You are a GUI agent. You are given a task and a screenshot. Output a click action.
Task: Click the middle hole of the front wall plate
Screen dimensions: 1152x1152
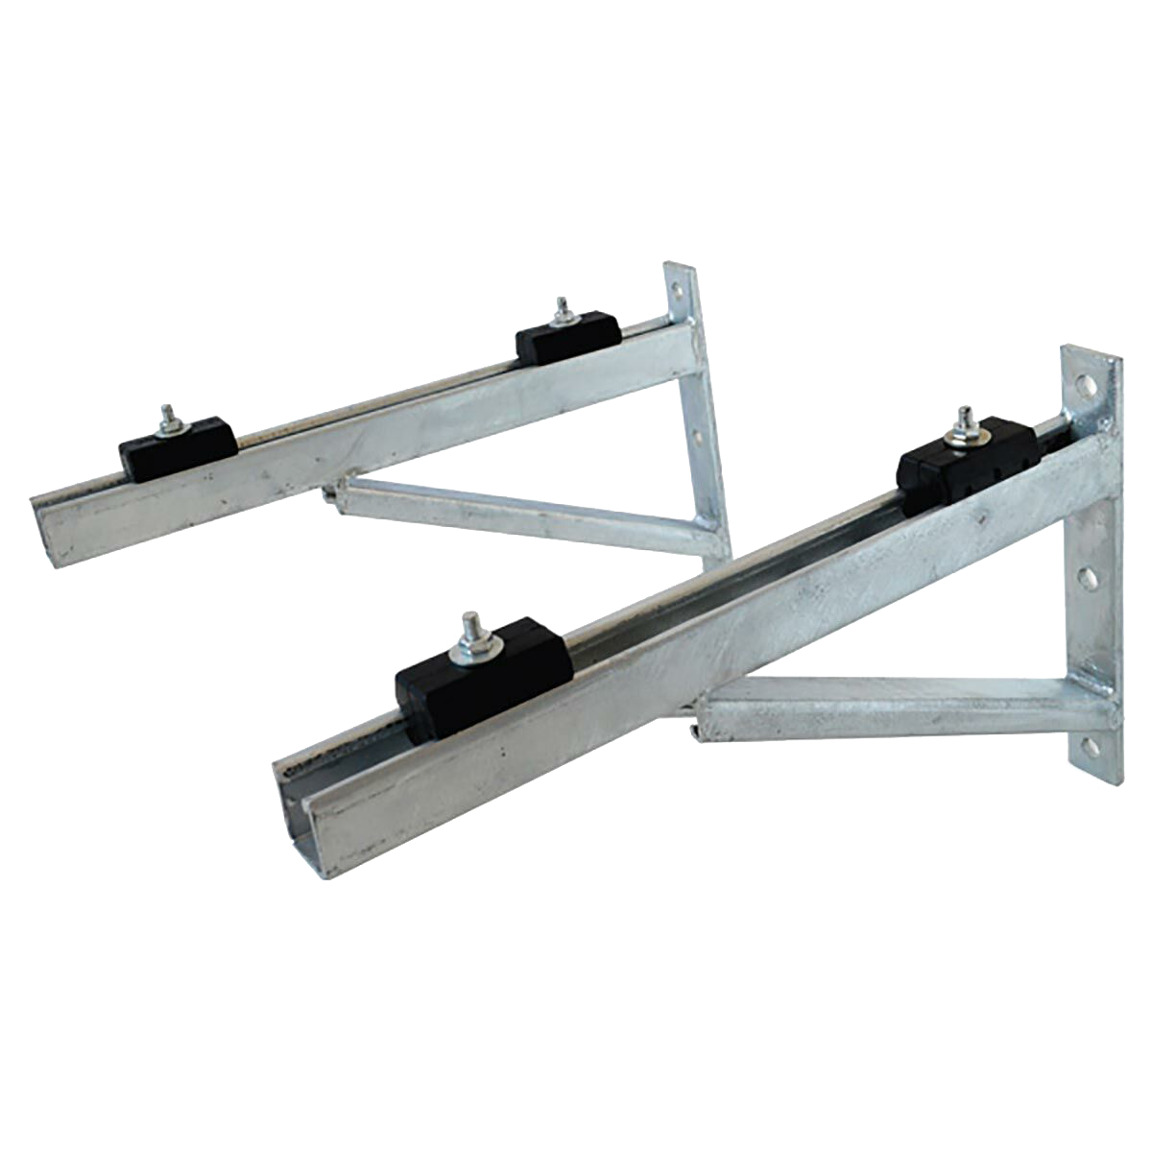1088,577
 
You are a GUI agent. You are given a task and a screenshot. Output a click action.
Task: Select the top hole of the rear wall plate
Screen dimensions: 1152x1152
679,286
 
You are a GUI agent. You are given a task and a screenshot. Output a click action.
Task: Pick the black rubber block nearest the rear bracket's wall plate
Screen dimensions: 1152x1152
566,340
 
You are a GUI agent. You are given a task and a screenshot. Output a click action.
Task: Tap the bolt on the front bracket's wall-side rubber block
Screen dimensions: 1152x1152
963,421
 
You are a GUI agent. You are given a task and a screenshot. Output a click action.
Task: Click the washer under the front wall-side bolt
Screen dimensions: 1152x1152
963,438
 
